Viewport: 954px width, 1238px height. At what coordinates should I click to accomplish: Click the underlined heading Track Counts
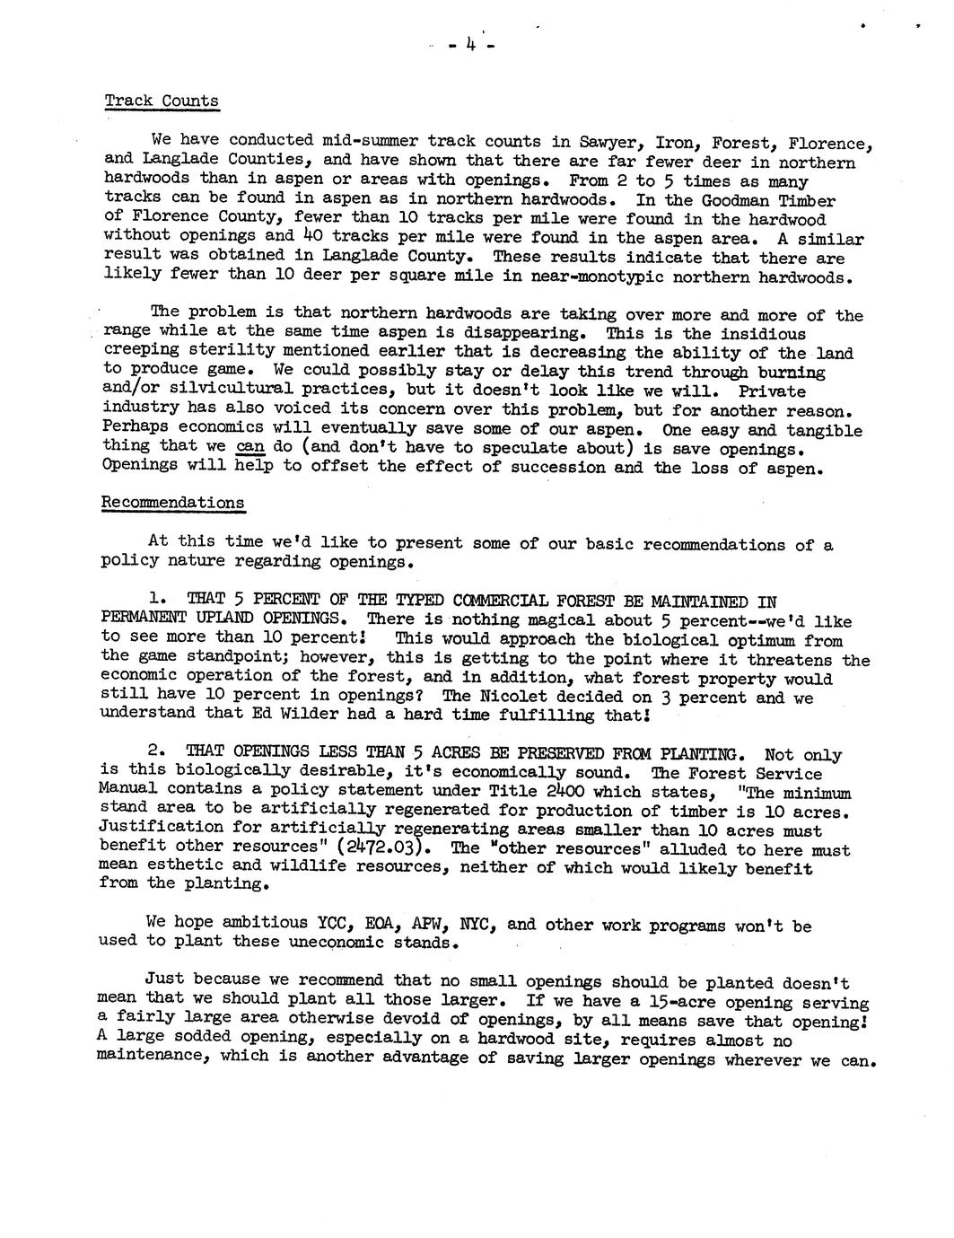(162, 101)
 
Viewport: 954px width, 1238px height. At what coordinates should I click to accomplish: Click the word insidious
(764, 334)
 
